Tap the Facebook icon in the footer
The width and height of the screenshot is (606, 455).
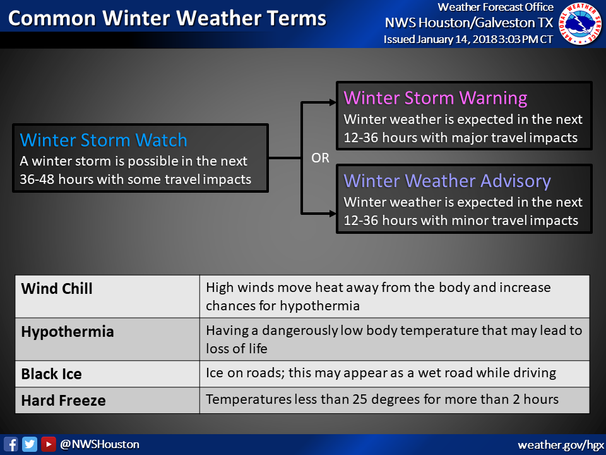point(11,444)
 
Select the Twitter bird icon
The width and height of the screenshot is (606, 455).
point(30,444)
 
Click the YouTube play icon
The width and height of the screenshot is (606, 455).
point(49,444)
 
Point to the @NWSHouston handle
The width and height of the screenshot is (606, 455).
point(100,444)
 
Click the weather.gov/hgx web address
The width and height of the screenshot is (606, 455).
point(561,446)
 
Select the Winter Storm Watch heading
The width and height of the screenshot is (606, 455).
point(104,140)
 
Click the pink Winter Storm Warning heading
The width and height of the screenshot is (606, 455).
point(436,98)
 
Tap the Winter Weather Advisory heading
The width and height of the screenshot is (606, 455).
point(447,181)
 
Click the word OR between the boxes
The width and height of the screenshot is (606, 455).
point(321,158)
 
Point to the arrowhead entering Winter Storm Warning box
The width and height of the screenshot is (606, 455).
point(333,102)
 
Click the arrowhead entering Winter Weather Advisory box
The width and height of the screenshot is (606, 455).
point(333,213)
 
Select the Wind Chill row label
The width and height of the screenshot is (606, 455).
point(57,289)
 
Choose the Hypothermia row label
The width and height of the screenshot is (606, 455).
point(68,332)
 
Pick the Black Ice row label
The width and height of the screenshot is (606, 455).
point(51,374)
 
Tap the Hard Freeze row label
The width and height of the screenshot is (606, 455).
point(63,401)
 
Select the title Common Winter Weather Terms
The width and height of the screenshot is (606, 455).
point(167,18)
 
